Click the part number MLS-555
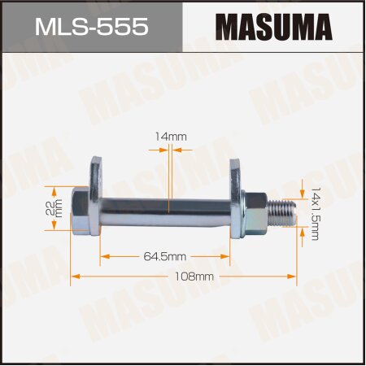tap(90, 26)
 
